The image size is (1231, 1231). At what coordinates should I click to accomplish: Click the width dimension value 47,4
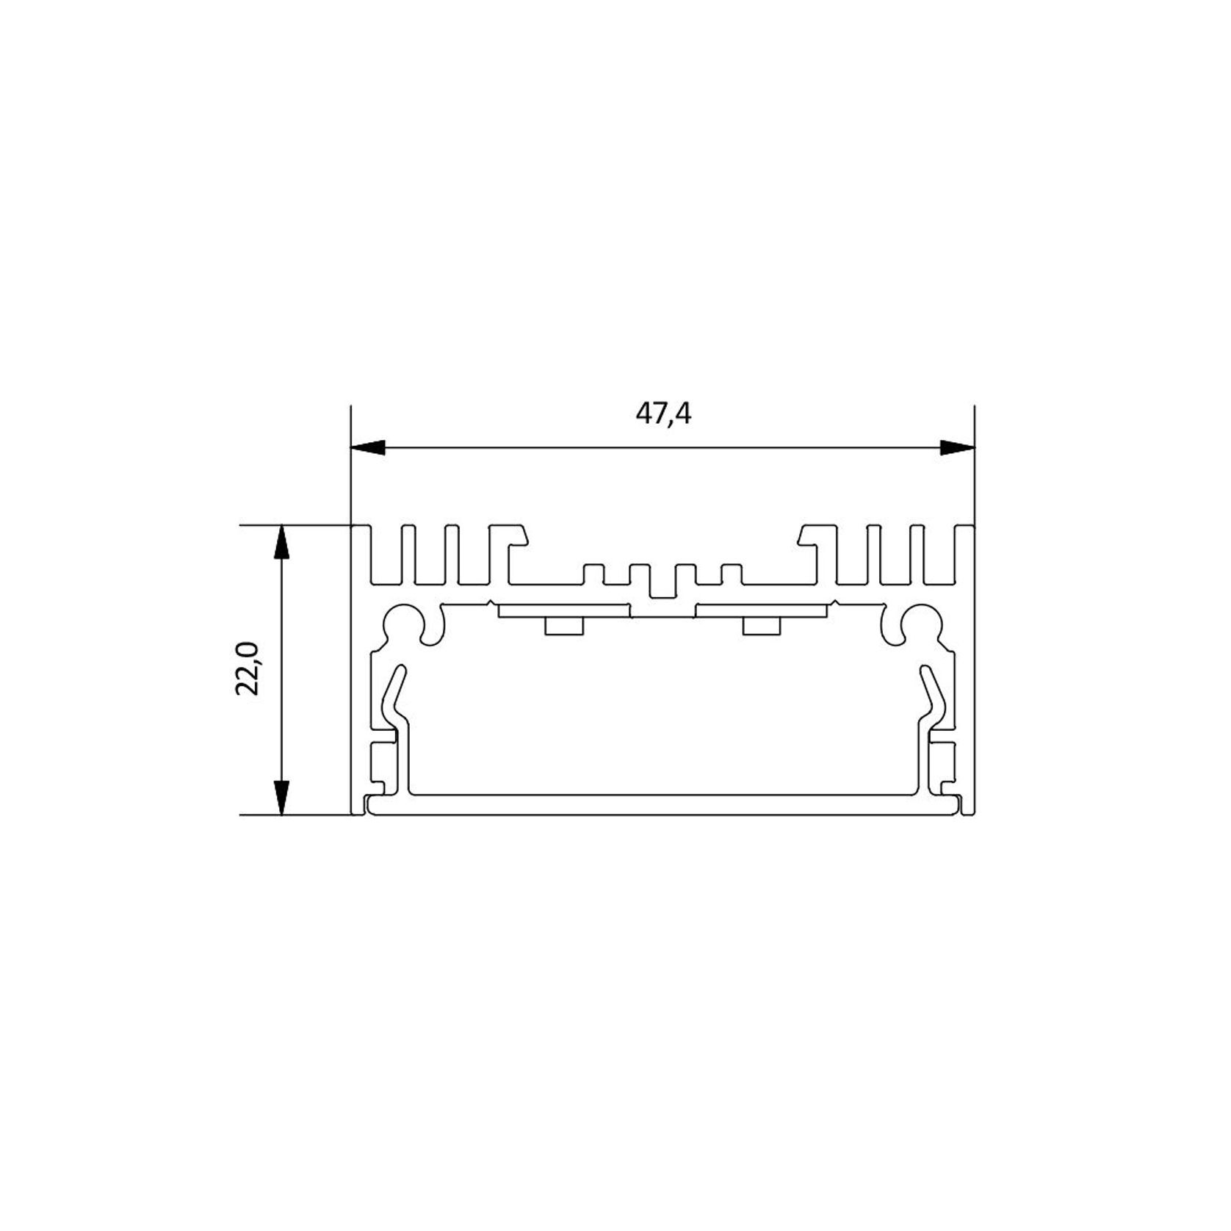pyautogui.click(x=663, y=415)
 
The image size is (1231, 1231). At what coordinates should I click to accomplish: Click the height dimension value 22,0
pyautogui.click(x=248, y=668)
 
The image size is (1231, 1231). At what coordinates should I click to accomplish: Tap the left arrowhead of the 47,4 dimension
pyautogui.click(x=368, y=447)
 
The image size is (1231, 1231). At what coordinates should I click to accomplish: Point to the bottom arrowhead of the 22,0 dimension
pyautogui.click(x=281, y=797)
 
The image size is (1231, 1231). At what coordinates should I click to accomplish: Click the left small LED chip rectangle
pyautogui.click(x=563, y=626)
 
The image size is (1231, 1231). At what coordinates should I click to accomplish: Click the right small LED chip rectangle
pyautogui.click(x=762, y=626)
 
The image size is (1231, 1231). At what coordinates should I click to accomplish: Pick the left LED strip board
pyautogui.click(x=563, y=610)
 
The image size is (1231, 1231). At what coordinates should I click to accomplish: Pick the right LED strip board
pyautogui.click(x=762, y=610)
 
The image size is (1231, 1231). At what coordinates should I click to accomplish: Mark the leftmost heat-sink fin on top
pyautogui.click(x=361, y=555)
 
